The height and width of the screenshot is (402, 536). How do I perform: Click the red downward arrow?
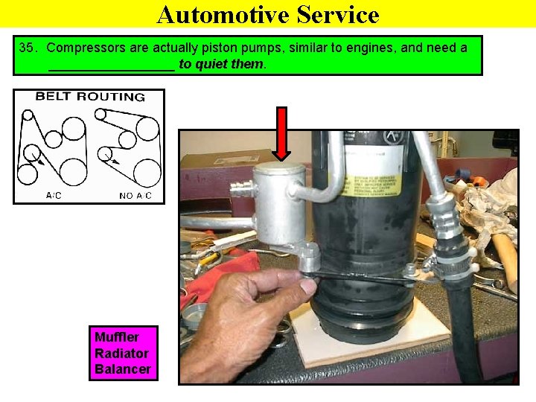point(281,133)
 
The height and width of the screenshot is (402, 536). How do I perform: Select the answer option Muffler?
point(116,337)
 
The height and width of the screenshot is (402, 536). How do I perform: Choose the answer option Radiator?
point(121,353)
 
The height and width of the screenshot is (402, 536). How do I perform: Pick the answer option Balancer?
point(122,369)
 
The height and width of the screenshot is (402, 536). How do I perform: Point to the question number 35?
point(28,48)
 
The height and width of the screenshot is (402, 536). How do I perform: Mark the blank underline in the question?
point(111,66)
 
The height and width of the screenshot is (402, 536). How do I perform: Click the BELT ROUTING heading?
point(89,97)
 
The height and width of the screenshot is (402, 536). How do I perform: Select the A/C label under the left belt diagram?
point(54,196)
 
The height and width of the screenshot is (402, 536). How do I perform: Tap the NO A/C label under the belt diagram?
point(135,196)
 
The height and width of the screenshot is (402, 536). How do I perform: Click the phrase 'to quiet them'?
point(221,65)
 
